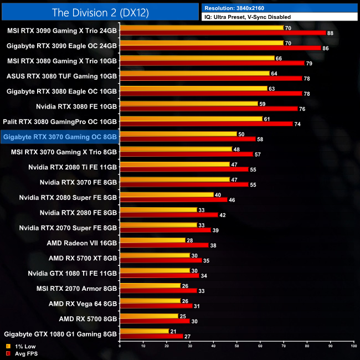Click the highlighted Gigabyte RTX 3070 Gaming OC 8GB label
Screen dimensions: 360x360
[x=60, y=136]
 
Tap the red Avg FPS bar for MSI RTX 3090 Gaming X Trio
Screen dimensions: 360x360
[x=222, y=33]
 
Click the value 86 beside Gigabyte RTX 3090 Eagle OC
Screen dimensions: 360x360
[x=325, y=49]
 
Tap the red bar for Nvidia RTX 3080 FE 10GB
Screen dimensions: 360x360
[x=208, y=109]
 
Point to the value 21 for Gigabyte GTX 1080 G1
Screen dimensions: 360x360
[x=173, y=331]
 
